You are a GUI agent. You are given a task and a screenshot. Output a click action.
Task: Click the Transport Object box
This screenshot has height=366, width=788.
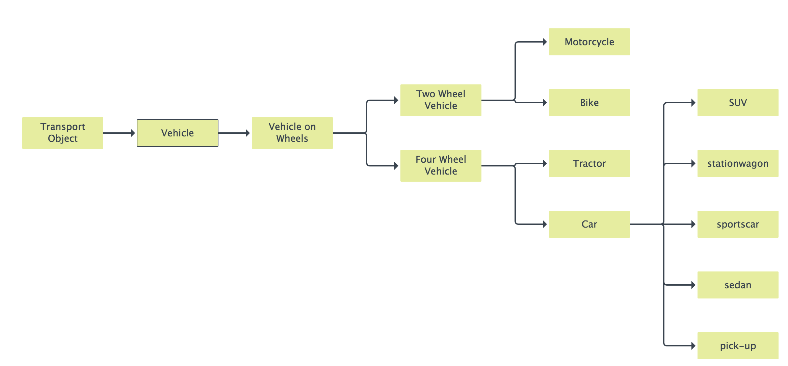point(63,133)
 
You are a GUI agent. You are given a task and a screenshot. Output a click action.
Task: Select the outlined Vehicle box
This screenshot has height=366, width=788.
point(178,133)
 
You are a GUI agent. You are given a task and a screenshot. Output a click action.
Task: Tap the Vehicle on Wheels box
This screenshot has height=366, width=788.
point(292,133)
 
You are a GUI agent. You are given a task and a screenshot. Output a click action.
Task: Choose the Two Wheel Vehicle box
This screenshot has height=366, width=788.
point(441,100)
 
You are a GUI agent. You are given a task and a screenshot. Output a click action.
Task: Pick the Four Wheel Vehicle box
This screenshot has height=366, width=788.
point(441,165)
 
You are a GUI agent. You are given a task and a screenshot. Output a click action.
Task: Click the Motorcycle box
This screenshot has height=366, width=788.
point(589,42)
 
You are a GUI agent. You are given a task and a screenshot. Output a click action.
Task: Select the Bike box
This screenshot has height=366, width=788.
point(589,103)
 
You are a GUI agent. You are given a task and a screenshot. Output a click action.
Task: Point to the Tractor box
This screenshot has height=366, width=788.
point(589,163)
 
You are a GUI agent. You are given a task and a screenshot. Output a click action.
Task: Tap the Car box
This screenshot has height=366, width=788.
point(589,224)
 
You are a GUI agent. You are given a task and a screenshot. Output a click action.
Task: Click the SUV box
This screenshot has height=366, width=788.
point(738,103)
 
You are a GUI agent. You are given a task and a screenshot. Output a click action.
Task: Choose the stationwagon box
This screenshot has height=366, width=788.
point(738,163)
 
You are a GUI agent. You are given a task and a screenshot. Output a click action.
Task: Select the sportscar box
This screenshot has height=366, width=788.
point(738,224)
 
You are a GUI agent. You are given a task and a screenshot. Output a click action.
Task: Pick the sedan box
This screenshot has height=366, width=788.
point(738,285)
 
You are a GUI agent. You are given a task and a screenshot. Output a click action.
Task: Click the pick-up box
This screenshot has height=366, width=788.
point(738,346)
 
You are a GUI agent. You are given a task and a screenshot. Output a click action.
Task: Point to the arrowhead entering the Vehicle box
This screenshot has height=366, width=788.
point(133,133)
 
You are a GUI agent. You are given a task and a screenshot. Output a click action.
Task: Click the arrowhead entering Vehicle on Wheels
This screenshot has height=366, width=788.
point(248,133)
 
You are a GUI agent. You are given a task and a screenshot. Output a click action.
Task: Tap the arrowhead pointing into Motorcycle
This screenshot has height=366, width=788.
point(545,42)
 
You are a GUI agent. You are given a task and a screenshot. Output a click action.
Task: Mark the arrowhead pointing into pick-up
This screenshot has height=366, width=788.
point(693,346)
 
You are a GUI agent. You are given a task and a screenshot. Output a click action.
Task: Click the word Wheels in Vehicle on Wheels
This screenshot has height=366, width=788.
point(292,138)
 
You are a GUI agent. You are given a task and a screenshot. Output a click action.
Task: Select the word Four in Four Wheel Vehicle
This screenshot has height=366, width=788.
point(425,159)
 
